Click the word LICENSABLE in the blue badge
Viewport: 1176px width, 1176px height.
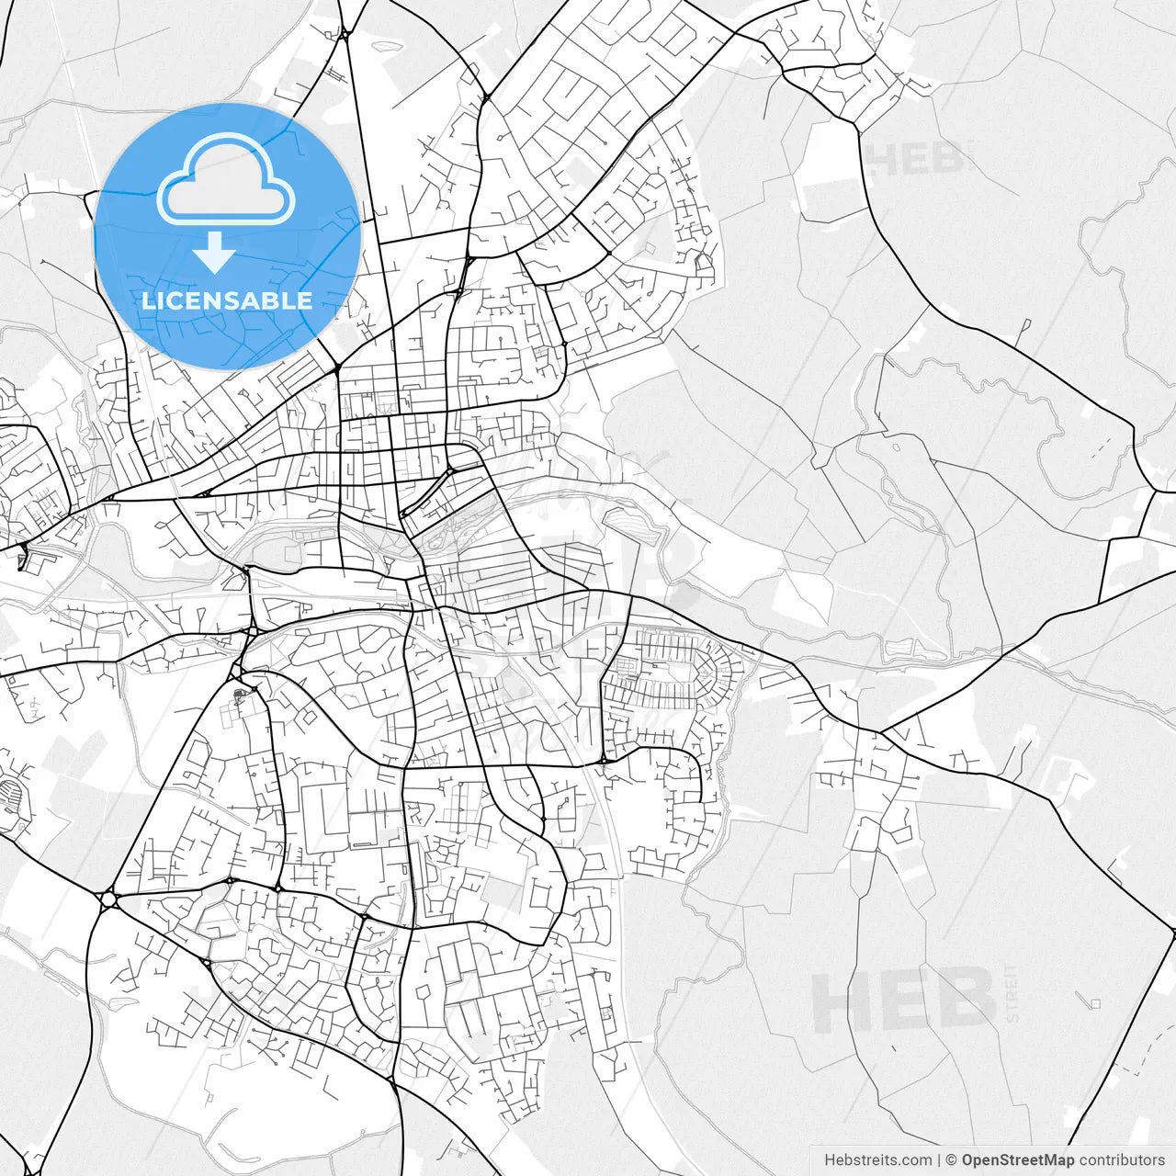(227, 300)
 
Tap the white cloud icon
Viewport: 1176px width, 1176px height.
(226, 179)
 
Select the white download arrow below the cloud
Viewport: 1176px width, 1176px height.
(215, 253)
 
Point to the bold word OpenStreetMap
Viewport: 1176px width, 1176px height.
(1018, 1160)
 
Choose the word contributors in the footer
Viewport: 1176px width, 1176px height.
(1122, 1160)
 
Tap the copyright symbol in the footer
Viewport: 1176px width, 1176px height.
(952, 1160)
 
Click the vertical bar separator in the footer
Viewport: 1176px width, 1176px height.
(938, 1160)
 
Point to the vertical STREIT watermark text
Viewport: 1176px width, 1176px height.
(1012, 994)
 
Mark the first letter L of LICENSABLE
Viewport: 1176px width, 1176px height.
(148, 300)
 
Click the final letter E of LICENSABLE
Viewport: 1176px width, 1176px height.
(304, 300)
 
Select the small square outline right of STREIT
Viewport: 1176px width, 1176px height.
(1095, 1003)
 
